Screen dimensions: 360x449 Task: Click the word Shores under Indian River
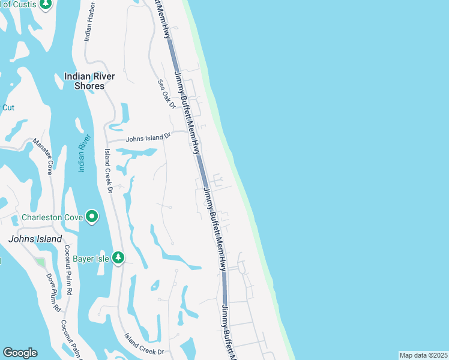pyautogui.click(x=89, y=86)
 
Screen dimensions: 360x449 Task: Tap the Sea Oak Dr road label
pyautogui.click(x=166, y=94)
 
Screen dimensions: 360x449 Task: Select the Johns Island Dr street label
pyautogui.click(x=148, y=139)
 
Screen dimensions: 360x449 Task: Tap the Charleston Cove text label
pyautogui.click(x=52, y=217)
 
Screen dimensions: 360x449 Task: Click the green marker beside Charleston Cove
pyautogui.click(x=91, y=216)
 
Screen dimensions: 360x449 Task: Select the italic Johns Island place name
pyautogui.click(x=35, y=239)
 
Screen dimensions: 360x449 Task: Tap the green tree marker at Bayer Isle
pyautogui.click(x=119, y=258)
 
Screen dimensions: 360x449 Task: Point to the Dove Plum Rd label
pyautogui.click(x=54, y=292)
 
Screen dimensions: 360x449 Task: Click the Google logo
pyautogui.click(x=20, y=353)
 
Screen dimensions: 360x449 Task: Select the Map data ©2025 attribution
pyautogui.click(x=423, y=355)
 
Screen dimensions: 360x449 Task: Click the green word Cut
pyautogui.click(x=8, y=108)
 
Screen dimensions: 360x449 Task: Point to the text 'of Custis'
pyautogui.click(x=18, y=4)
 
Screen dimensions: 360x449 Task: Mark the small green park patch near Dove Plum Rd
pyautogui.click(x=40, y=262)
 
